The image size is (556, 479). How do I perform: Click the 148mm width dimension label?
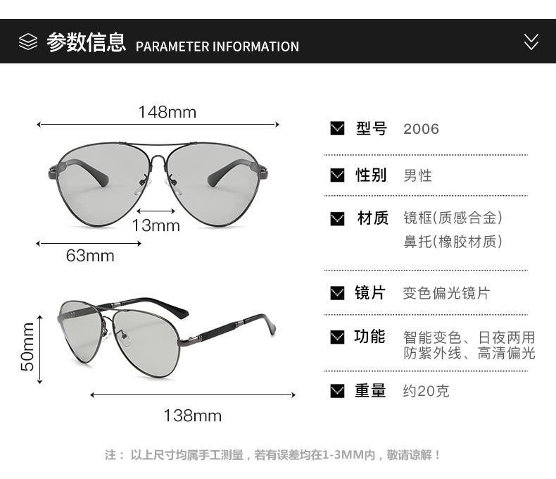coord(167,112)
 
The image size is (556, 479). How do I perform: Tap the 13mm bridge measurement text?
coord(156,225)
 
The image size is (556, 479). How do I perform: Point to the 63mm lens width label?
coord(90,256)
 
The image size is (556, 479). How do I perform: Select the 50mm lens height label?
coord(27,346)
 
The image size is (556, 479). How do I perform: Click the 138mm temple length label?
coord(192,416)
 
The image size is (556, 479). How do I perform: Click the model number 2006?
coord(421,129)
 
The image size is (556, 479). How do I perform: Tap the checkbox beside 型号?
coord(338,128)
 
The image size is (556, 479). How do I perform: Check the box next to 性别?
coord(338,175)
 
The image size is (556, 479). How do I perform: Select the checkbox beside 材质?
coord(338,218)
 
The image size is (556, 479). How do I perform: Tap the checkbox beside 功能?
coord(338,337)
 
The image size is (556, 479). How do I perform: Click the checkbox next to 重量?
coord(338,390)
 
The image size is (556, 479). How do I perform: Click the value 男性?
coord(417,175)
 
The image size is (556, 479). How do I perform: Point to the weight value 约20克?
coord(426,391)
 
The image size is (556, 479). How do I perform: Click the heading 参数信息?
coord(86,43)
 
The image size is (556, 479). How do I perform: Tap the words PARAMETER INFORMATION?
coord(217,46)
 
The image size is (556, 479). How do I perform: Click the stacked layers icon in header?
coord(28,42)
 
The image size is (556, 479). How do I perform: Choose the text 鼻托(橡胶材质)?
coord(453,242)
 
